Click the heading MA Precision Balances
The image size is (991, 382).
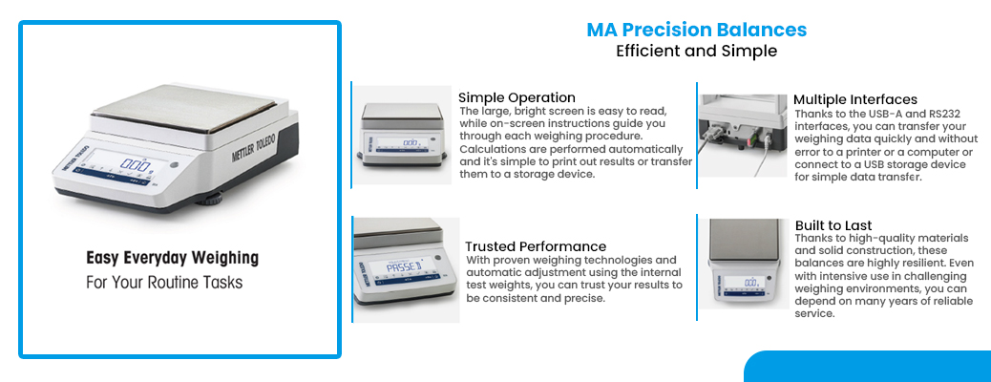tap(697, 30)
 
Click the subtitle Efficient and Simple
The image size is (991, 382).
tap(697, 51)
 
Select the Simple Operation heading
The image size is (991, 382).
tap(517, 97)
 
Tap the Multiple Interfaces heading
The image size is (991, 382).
tap(855, 99)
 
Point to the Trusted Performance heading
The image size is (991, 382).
tap(536, 246)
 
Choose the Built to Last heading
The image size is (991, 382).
tap(833, 225)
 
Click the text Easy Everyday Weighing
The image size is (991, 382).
tap(173, 258)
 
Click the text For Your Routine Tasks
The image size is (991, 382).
tap(164, 282)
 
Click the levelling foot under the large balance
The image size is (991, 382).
tap(209, 201)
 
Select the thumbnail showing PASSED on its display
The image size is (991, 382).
tap(406, 269)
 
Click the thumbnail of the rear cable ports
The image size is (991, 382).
tap(743, 136)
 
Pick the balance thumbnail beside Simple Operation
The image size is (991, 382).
tap(402, 136)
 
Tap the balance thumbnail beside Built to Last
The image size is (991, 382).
tap(745, 264)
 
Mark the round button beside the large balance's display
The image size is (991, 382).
tap(174, 165)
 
